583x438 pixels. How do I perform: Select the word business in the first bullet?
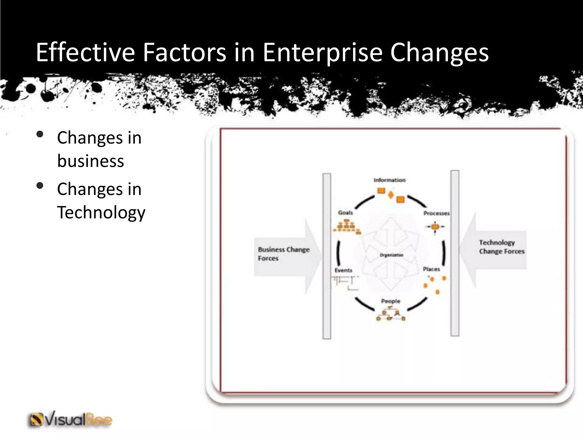(91, 161)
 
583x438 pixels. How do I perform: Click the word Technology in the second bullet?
(101, 212)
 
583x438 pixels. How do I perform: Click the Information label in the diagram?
(389, 180)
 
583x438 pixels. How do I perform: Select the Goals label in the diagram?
(345, 212)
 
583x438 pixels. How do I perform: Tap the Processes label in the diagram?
(436, 213)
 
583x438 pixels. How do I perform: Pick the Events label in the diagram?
(343, 270)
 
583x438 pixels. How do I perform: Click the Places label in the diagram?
(431, 269)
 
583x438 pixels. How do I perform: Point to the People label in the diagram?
(391, 301)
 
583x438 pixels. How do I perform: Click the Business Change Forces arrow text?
(283, 254)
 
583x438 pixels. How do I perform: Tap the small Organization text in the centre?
(391, 255)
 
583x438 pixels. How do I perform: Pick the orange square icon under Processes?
(435, 227)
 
